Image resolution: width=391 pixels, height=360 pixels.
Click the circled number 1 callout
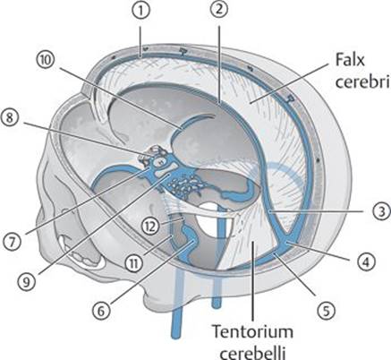click(x=140, y=11)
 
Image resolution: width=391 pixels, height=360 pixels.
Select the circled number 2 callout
click(x=218, y=11)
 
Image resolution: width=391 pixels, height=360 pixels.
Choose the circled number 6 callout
click(x=101, y=311)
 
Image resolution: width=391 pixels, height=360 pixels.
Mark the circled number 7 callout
click(x=12, y=241)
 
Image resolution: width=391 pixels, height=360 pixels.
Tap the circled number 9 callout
click(x=26, y=282)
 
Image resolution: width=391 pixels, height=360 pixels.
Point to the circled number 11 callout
click(x=133, y=263)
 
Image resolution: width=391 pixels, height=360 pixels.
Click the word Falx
click(x=350, y=60)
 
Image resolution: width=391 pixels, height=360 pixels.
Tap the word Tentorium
click(x=252, y=331)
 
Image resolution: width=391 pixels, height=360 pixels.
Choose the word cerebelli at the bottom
click(x=253, y=353)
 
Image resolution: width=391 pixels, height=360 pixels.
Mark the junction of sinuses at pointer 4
click(x=287, y=242)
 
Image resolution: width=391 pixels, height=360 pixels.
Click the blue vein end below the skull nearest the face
click(x=176, y=336)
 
